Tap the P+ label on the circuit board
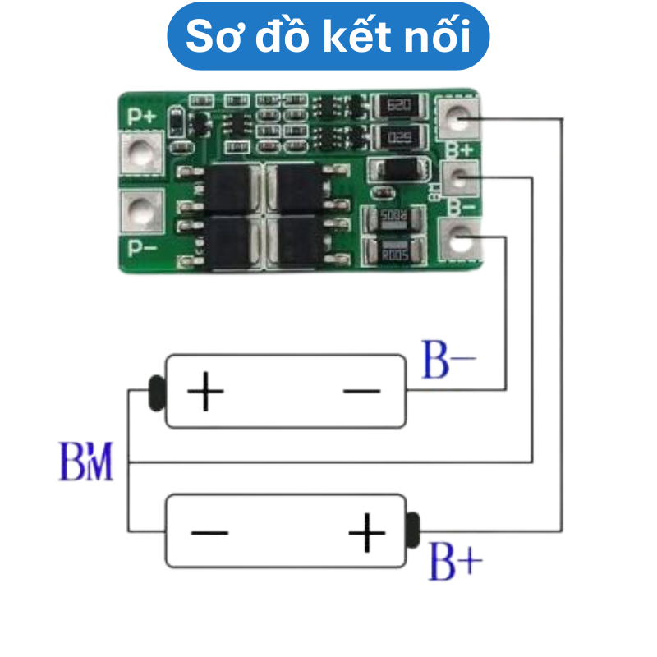coord(140,117)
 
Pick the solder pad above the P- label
coord(143,213)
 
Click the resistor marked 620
coord(400,106)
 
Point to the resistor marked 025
coord(400,136)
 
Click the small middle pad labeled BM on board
coord(459,176)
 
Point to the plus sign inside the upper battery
coord(205,392)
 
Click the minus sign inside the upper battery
coord(361,392)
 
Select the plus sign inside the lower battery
coord(366,534)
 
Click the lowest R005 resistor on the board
coord(395,252)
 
